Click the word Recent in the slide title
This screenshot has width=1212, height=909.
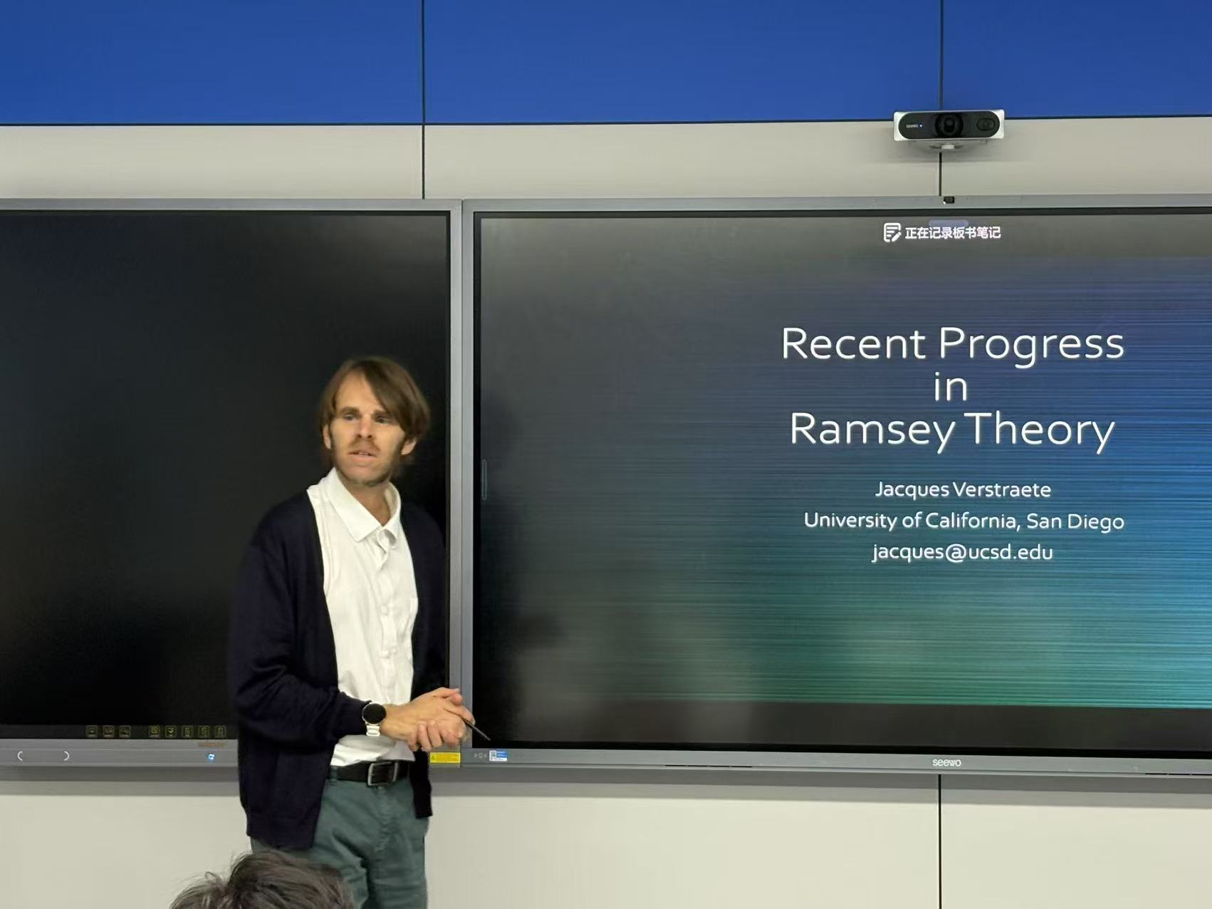click(x=854, y=344)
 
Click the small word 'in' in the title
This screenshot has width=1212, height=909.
click(x=951, y=388)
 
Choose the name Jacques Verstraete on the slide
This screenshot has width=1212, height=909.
click(x=963, y=489)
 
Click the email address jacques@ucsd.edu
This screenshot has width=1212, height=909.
click(x=963, y=552)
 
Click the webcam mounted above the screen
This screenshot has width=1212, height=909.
click(x=949, y=126)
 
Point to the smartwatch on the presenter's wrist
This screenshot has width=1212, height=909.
click(x=373, y=717)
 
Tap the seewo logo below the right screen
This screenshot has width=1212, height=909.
click(x=946, y=762)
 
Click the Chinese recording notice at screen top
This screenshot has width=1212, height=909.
click(x=952, y=233)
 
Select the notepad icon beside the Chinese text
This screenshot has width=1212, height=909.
click(x=892, y=232)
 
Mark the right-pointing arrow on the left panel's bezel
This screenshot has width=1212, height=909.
click(x=66, y=756)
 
